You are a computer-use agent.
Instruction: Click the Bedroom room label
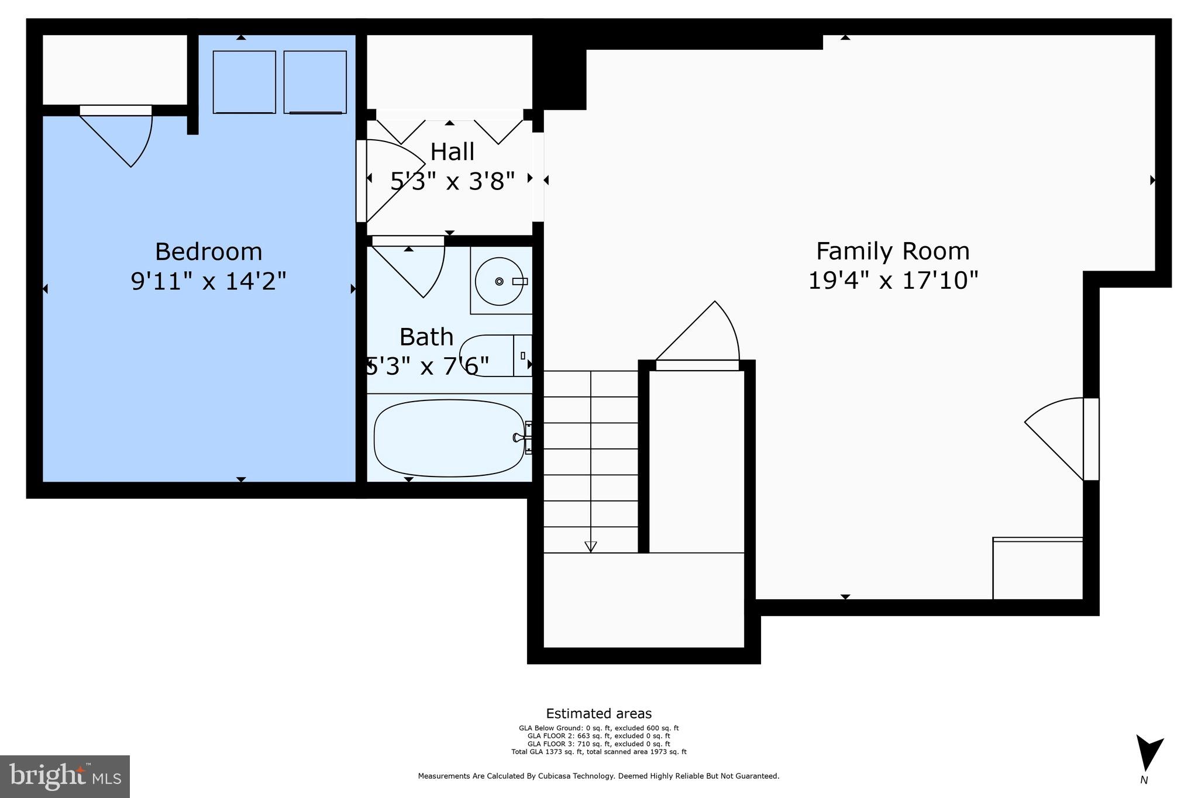click(208, 252)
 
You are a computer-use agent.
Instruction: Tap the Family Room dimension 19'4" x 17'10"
click(893, 281)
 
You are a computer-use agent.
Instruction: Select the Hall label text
click(452, 152)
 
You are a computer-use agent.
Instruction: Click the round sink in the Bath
click(498, 281)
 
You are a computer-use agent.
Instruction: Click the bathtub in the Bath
click(449, 438)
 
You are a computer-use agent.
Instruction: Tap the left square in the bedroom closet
click(244, 82)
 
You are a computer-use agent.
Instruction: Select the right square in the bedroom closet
click(315, 82)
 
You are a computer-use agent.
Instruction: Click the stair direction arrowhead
click(590, 547)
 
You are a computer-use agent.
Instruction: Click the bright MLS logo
click(64, 776)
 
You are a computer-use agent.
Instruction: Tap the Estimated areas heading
click(598, 713)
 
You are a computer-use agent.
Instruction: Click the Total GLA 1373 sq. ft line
click(598, 752)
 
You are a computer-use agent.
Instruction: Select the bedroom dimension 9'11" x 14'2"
click(208, 281)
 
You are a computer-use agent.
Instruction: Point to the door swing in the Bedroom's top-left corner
click(120, 137)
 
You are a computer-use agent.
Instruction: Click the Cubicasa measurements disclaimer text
click(598, 776)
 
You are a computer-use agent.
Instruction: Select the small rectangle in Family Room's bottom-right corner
click(1037, 569)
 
